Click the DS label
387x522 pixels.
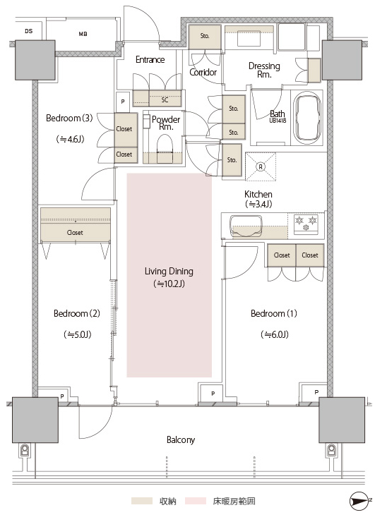coord(29,31)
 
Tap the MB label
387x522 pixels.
coord(83,34)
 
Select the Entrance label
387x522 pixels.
coord(150,59)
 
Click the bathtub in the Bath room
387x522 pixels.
coord(306,119)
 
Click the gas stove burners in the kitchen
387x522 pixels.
coord(306,223)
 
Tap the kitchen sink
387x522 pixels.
coord(245,226)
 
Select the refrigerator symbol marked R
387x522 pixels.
coord(261,166)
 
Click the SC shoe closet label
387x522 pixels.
coord(165,100)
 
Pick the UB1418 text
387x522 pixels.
coord(278,121)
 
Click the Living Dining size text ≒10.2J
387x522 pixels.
coord(169,284)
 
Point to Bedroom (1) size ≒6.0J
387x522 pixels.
coord(275,334)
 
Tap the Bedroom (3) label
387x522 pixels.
coord(69,118)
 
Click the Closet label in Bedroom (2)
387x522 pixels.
coord(75,233)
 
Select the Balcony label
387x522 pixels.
coord(181,440)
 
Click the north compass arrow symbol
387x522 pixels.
coord(360,501)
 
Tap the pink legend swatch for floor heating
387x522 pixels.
coord(196,501)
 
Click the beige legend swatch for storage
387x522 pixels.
coord(142,501)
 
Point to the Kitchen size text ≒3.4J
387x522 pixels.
coord(258,204)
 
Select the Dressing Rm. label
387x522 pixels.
coord(264,70)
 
